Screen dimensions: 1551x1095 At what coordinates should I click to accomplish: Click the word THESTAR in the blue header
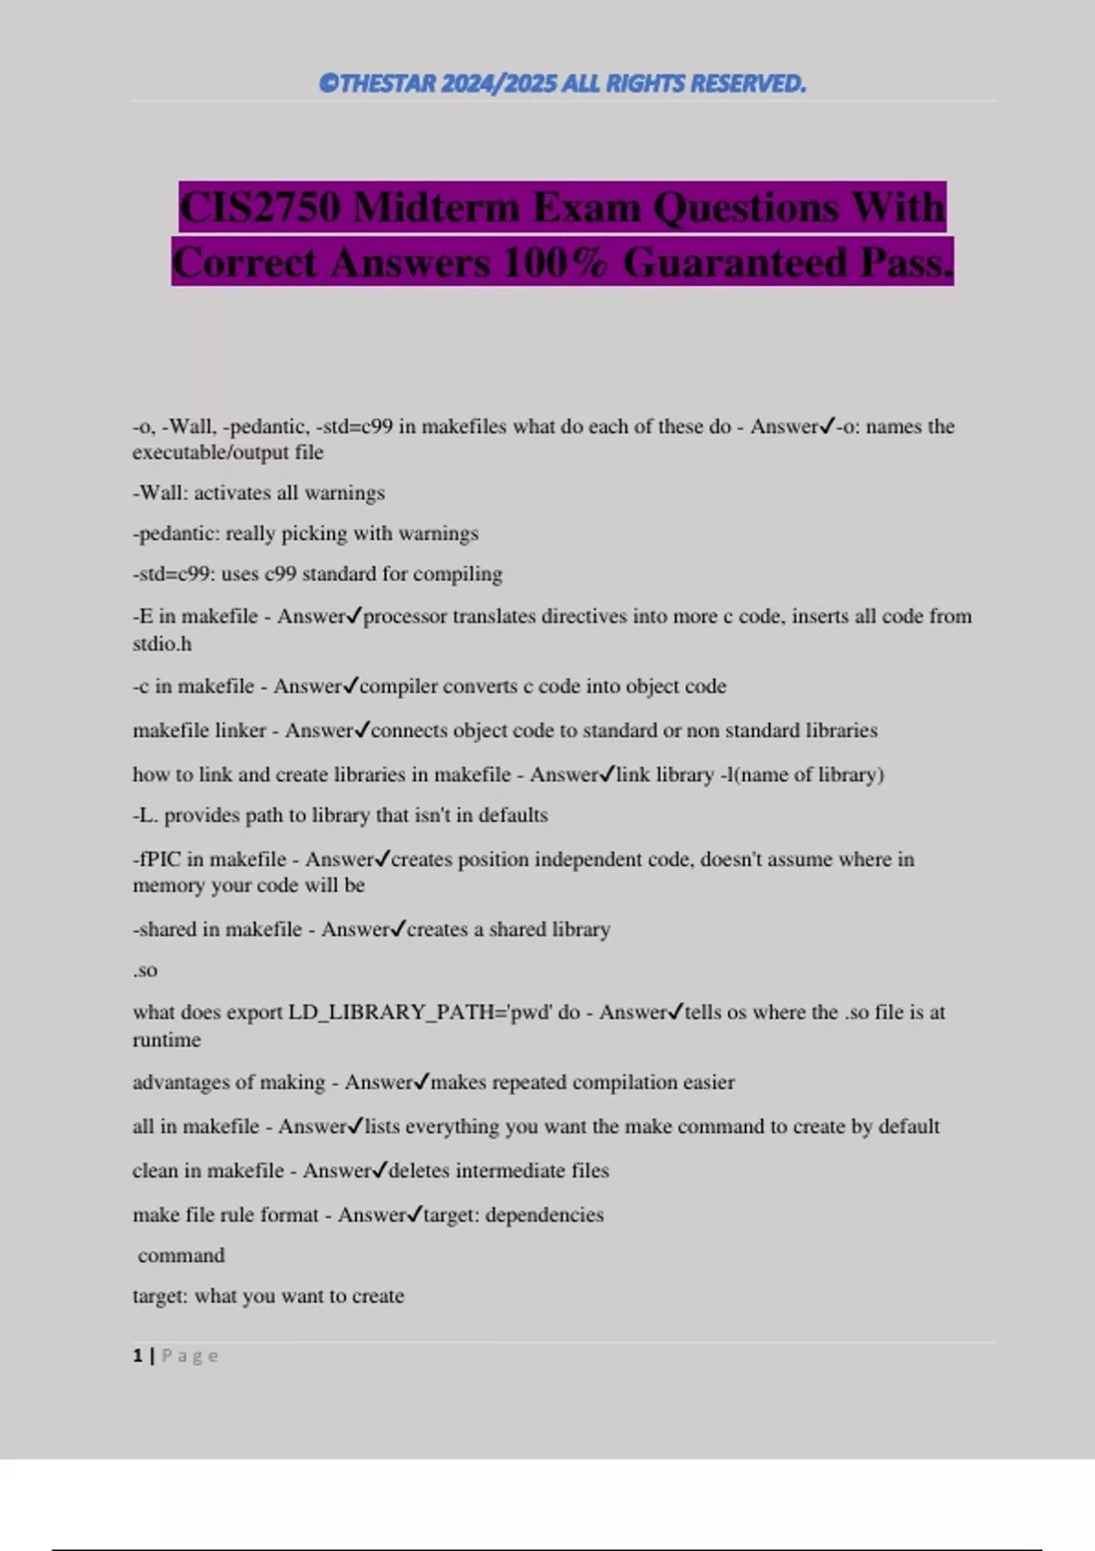tap(389, 84)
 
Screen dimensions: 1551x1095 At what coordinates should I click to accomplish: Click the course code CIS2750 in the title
tap(260, 208)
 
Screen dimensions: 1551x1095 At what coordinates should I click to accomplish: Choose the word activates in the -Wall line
tap(233, 494)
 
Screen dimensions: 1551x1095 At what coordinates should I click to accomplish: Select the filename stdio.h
tap(162, 644)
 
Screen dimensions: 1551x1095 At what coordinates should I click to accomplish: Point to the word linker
tap(239, 731)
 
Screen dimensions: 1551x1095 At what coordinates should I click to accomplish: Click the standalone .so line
tap(145, 971)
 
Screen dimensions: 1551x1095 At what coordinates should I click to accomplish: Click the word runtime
tap(166, 1040)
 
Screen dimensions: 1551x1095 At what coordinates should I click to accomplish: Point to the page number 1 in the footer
tap(138, 1357)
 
